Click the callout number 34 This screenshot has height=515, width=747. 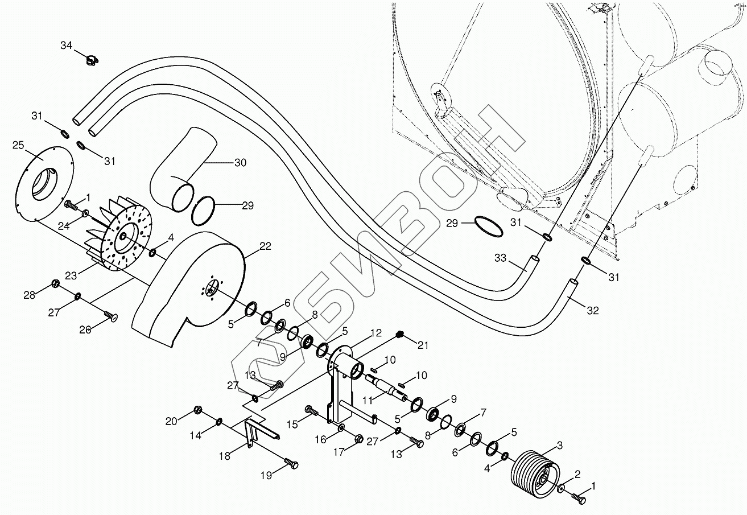pyautogui.click(x=67, y=46)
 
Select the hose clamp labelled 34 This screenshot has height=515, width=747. pyautogui.click(x=91, y=59)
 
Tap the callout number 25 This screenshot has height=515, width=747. pyautogui.click(x=18, y=146)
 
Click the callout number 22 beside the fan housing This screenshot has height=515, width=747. pyautogui.click(x=265, y=246)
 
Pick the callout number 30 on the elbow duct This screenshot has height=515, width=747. pyautogui.click(x=240, y=163)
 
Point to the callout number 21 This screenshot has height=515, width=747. pyautogui.click(x=422, y=345)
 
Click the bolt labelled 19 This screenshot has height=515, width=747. pyautogui.click(x=291, y=464)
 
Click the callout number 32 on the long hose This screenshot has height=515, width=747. pyautogui.click(x=593, y=311)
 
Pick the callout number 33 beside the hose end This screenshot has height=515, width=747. pyautogui.click(x=500, y=257)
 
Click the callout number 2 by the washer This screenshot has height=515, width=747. pyautogui.click(x=577, y=474)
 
